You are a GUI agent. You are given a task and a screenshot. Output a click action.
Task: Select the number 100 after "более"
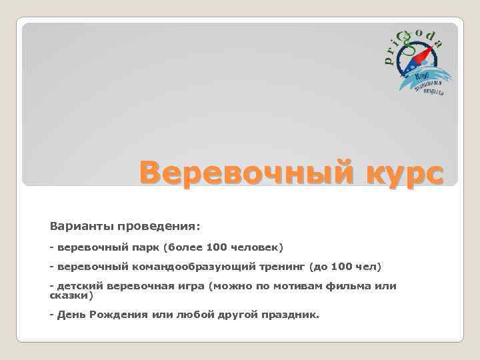coord(217,247)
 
